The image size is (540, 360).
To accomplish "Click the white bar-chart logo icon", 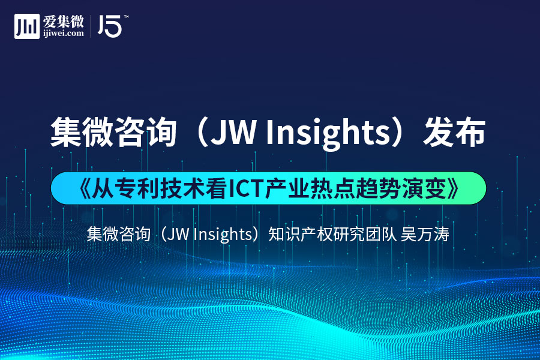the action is point(27,26).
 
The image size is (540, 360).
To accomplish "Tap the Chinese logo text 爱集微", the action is point(64,22).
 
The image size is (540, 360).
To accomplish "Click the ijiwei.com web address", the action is point(64,34).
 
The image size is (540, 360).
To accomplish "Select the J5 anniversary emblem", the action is point(110,26).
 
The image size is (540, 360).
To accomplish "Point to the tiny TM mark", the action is point(126,17).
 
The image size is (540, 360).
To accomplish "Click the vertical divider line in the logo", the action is point(91,26).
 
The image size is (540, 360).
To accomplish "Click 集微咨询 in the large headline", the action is point(113,133).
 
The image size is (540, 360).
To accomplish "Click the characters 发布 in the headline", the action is point(454,133).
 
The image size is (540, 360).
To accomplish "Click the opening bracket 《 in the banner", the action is point(85,189).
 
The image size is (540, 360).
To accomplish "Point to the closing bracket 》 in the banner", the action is point(453,189).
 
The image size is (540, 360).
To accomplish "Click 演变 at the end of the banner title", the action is point(424,189).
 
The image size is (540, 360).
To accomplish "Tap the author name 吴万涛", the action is point(425,234).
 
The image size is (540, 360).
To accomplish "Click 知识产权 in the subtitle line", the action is point(300,234).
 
